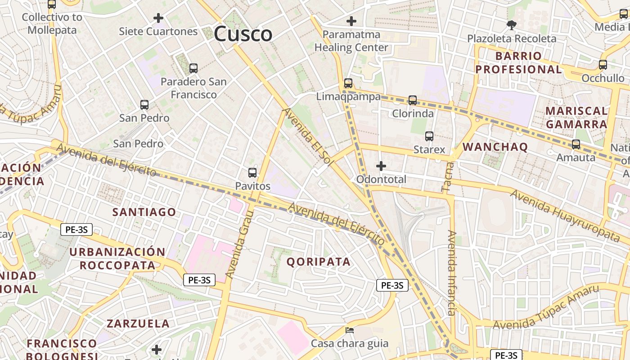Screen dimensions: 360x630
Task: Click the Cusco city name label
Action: click(243, 34)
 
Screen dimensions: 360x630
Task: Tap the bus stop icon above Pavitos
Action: click(252, 173)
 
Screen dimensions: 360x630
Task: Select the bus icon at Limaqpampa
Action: click(348, 83)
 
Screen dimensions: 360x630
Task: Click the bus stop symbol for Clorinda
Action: click(413, 100)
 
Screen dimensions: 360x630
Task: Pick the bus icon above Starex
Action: click(429, 136)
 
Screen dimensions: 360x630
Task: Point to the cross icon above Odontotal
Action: click(381, 166)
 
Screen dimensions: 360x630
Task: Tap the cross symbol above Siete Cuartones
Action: click(158, 18)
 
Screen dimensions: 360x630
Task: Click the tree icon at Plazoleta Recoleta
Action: click(511, 25)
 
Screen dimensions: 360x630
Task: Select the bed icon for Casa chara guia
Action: click(350, 330)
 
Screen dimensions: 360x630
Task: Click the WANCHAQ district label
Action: click(495, 147)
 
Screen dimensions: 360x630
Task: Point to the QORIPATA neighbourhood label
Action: click(319, 262)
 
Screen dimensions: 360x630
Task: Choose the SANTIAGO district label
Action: click(144, 212)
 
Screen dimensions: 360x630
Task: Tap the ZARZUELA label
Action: click(138, 324)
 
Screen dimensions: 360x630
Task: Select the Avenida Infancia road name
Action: click(451, 273)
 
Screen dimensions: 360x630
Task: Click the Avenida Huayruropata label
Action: click(565, 215)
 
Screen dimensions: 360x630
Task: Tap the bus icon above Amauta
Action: click(576, 145)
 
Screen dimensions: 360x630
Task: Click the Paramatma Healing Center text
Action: click(351, 41)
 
